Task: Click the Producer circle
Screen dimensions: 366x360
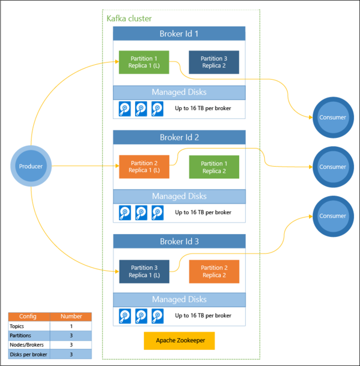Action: pos(31,166)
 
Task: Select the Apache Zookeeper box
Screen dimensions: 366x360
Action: pos(179,341)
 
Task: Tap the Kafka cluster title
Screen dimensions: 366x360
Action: pos(129,19)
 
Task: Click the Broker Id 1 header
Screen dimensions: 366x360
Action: pos(179,34)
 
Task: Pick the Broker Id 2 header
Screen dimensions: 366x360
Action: pos(179,137)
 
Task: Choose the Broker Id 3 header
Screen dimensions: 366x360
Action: pos(179,241)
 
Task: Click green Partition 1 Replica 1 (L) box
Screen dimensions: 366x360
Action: pos(144,62)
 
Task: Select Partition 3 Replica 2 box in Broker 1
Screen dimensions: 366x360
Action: pos(214,62)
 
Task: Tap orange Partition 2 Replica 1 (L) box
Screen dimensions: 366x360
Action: pos(144,167)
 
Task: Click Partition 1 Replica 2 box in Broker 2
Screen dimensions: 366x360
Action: pos(214,167)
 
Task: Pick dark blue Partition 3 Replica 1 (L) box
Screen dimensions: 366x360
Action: pos(144,271)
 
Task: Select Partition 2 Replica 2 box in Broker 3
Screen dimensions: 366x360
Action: pos(214,271)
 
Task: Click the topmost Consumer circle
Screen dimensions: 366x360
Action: pos(332,117)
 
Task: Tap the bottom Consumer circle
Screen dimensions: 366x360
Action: pos(332,216)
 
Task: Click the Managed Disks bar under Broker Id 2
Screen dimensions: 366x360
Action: pos(179,196)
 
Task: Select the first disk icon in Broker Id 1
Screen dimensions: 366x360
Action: pos(125,109)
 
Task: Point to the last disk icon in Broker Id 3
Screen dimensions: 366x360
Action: pos(158,316)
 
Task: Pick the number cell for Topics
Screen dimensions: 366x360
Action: pos(70,326)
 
